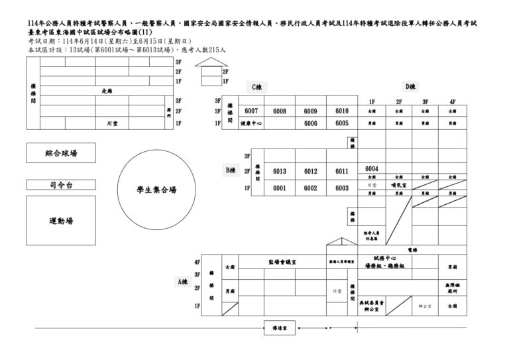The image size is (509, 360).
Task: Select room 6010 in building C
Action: (x=341, y=111)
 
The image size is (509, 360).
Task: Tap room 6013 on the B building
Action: (x=279, y=171)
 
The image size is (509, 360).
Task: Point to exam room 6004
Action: (x=371, y=168)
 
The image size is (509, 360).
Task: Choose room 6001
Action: (x=279, y=188)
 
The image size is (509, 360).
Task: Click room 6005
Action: (x=341, y=123)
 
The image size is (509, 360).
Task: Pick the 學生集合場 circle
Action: (x=156, y=189)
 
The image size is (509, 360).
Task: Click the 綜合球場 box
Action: (x=61, y=153)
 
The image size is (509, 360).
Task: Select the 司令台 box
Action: (x=61, y=185)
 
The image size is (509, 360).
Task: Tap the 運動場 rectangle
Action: (x=61, y=220)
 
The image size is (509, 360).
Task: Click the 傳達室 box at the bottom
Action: (x=280, y=328)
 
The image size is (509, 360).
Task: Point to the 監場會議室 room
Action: (x=282, y=262)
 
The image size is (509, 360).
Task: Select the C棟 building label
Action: (x=257, y=87)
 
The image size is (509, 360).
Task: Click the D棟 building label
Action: (x=410, y=86)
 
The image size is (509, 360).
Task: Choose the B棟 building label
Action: (x=230, y=170)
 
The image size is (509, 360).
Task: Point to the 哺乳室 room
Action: (x=398, y=186)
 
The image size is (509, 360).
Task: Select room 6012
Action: (x=311, y=171)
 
